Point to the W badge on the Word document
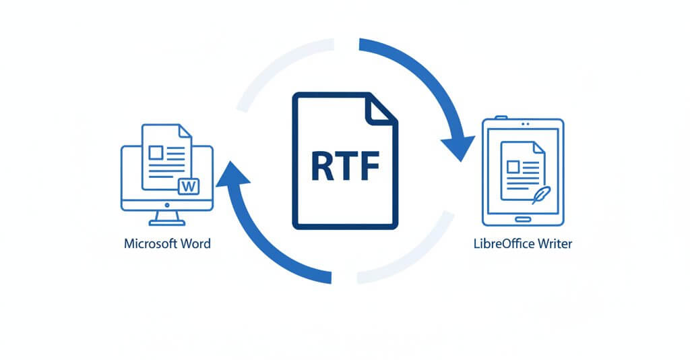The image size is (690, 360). [189, 185]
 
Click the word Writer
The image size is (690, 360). [555, 243]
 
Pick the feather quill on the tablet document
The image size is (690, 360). [539, 195]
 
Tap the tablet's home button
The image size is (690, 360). [523, 218]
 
